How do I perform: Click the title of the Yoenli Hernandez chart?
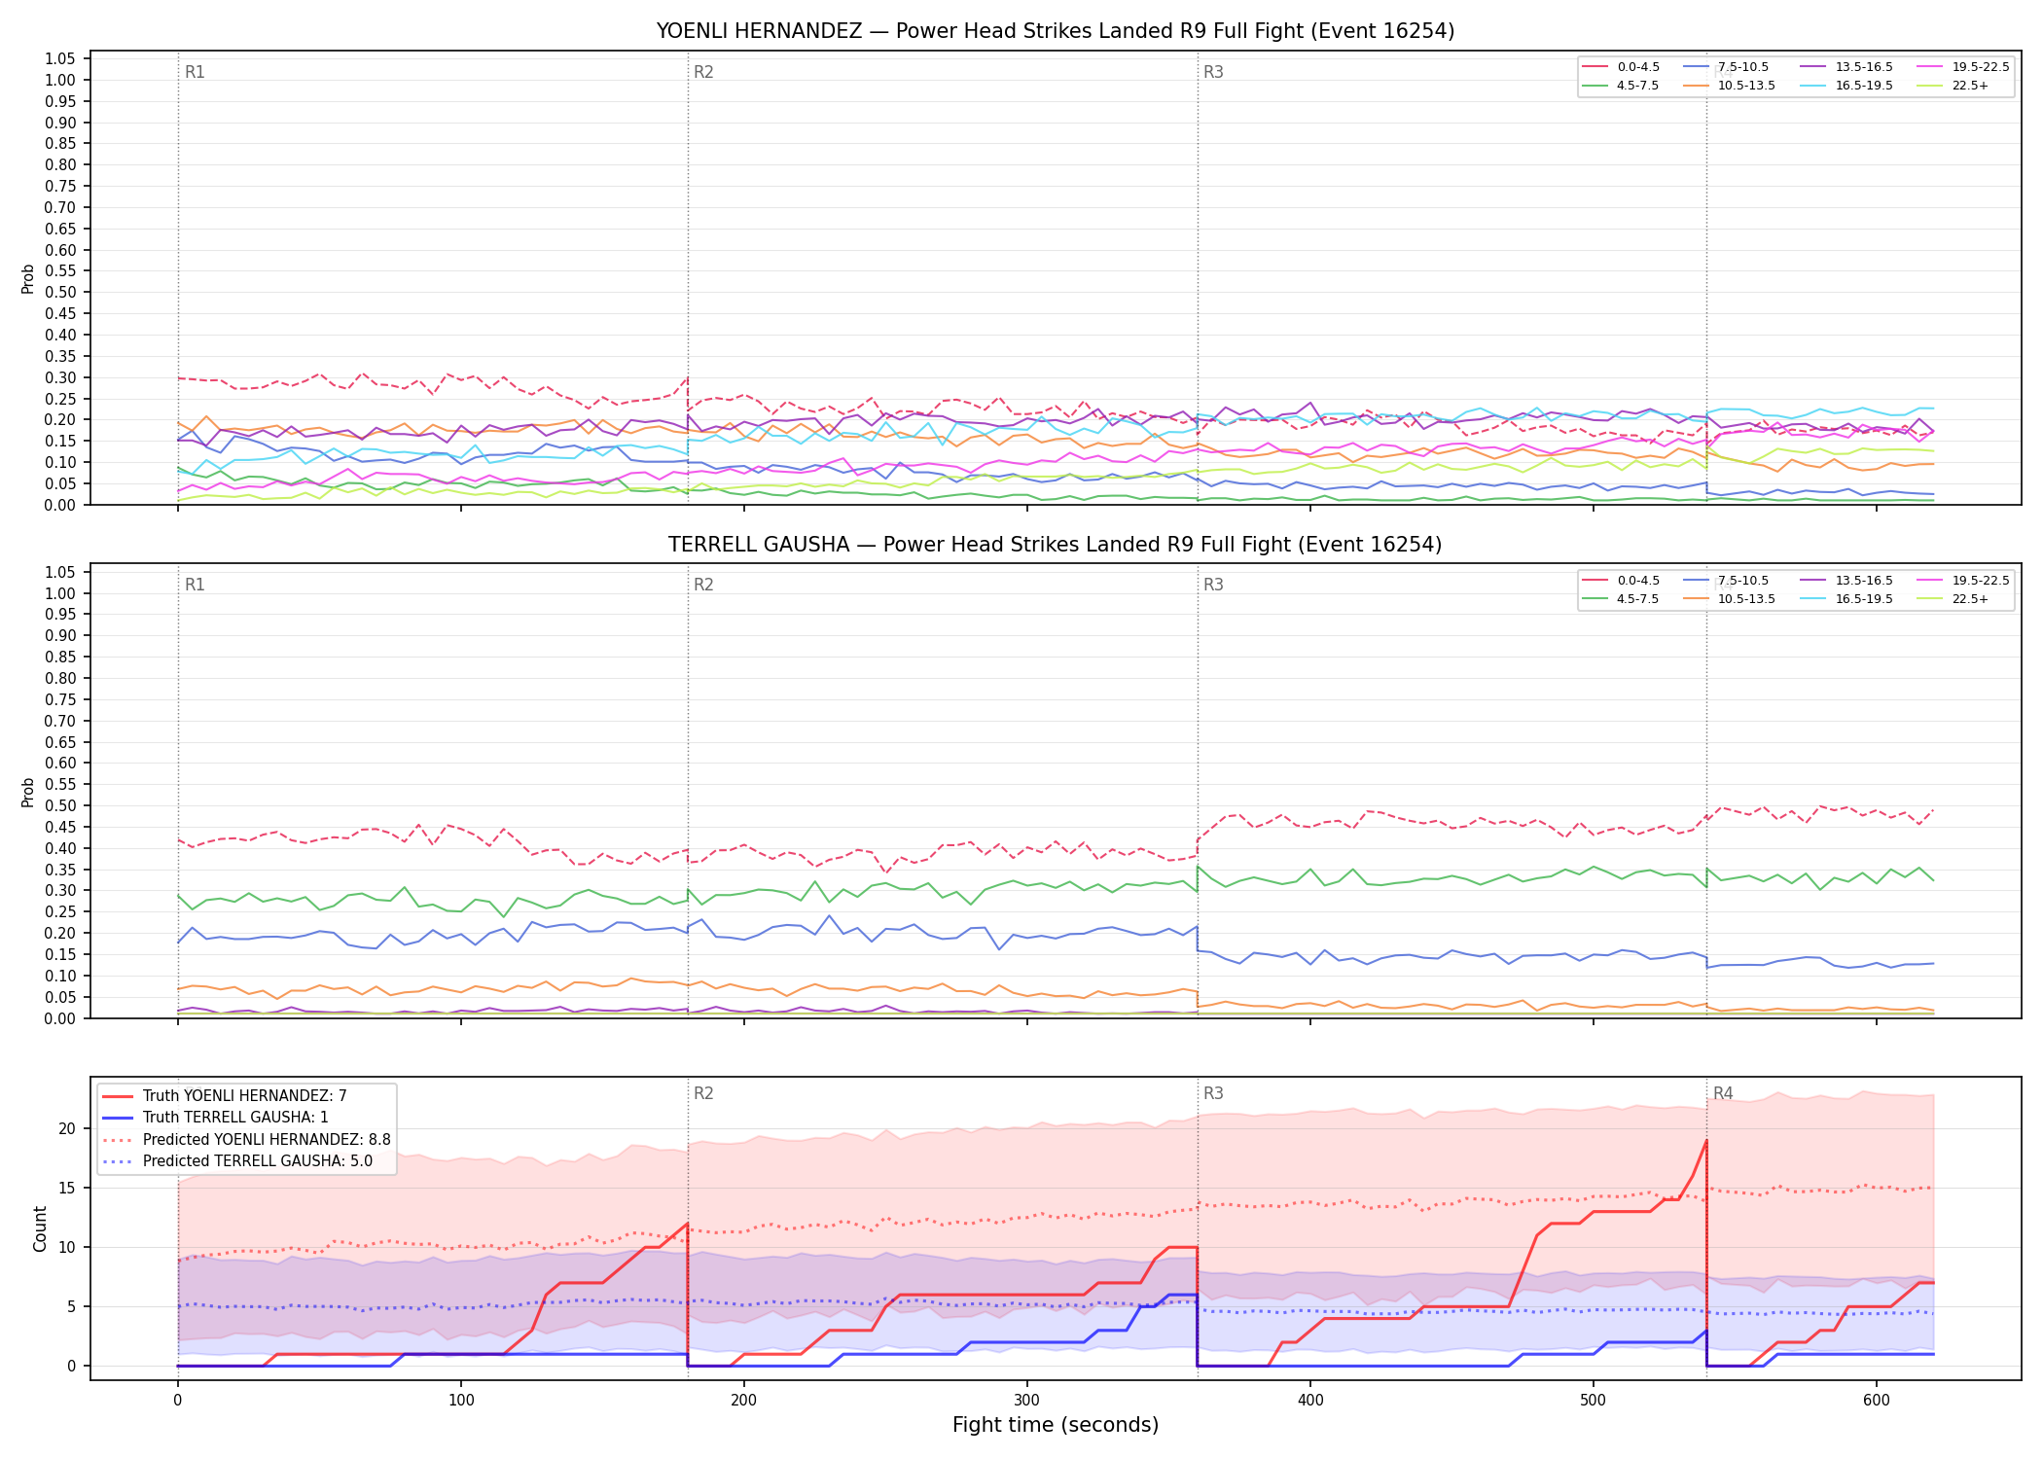(1055, 31)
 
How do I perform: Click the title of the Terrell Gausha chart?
(1055, 545)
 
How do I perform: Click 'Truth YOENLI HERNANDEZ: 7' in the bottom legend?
(224, 1096)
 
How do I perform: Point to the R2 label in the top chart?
(703, 72)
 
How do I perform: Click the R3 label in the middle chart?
(1213, 585)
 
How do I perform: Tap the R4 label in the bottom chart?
(1723, 1093)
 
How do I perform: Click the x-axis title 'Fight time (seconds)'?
(1056, 1425)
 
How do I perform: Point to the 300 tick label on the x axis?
(1027, 1401)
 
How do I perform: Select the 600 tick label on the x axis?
(1877, 1401)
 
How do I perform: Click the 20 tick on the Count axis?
(67, 1129)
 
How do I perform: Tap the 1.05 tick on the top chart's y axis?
(60, 59)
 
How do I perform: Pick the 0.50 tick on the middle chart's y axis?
(60, 805)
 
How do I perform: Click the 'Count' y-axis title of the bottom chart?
(40, 1228)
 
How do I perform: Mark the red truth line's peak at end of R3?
(1706, 1141)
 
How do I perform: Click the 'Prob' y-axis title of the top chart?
(28, 279)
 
